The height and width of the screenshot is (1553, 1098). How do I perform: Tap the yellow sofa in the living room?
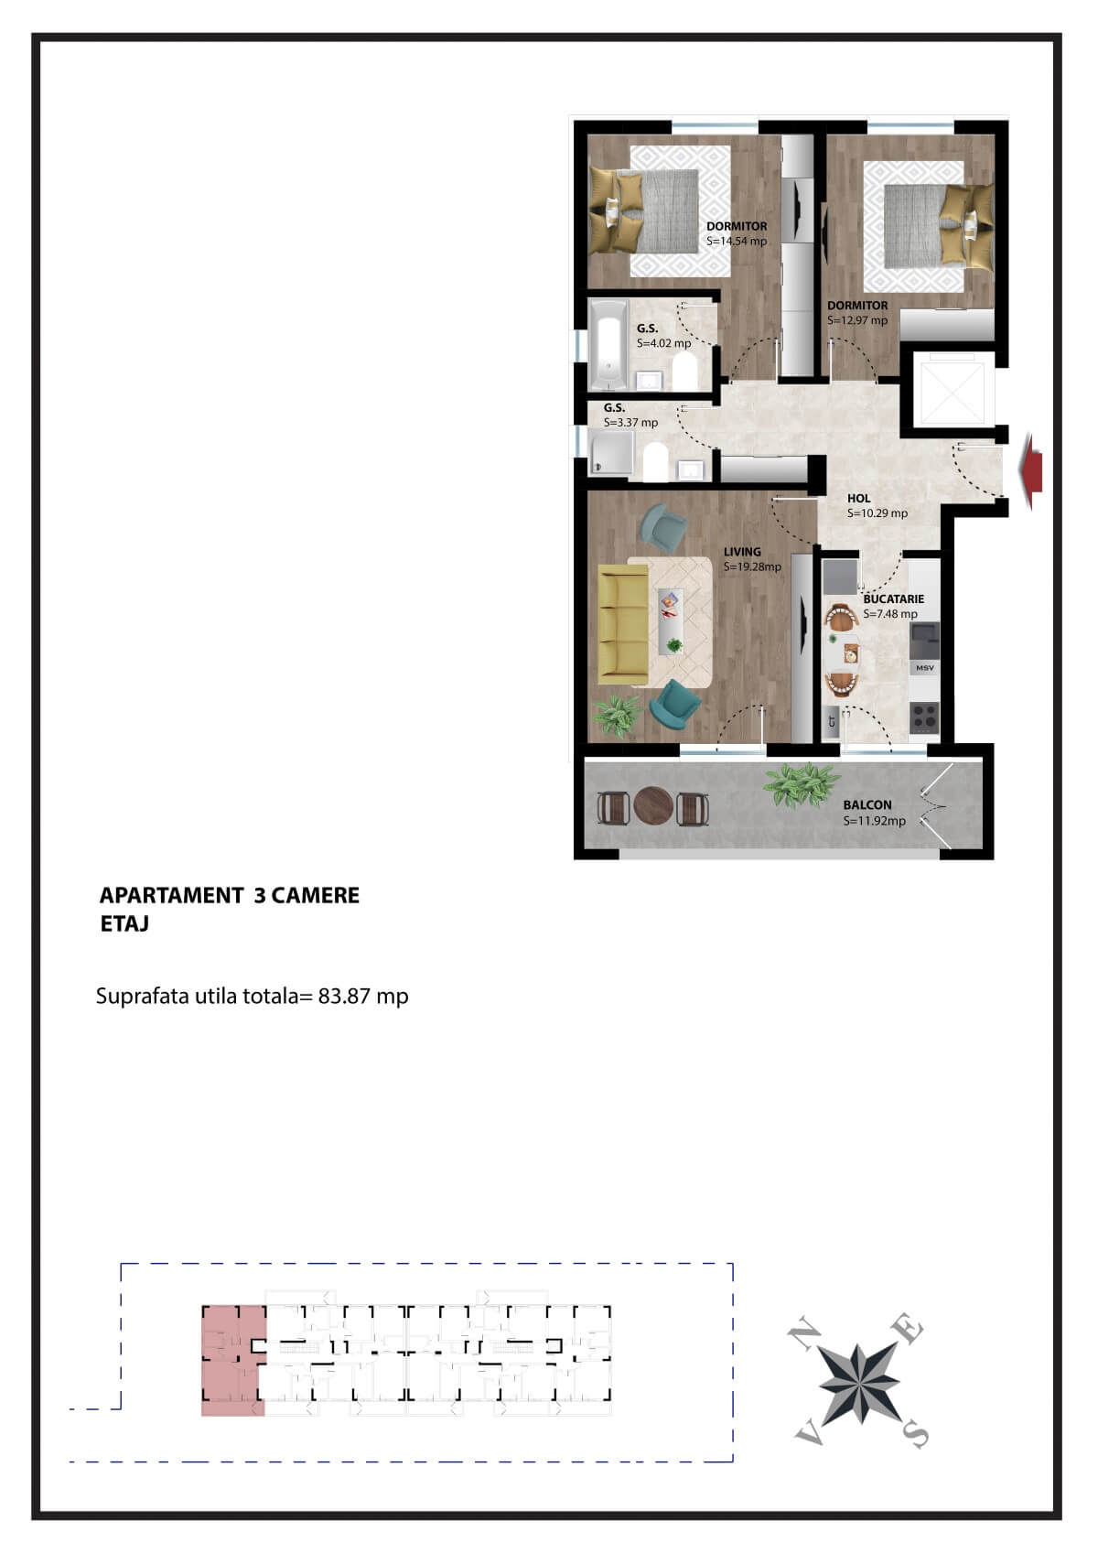pyautogui.click(x=622, y=624)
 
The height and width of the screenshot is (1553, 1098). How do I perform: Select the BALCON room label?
pyautogui.click(x=867, y=805)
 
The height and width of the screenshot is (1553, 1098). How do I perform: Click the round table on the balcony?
pyautogui.click(x=654, y=807)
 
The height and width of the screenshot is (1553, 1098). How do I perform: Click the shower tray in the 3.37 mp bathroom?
pyautogui.click(x=611, y=454)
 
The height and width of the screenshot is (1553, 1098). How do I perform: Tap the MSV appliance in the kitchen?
pyautogui.click(x=924, y=668)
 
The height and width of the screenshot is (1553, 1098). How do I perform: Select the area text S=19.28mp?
pyautogui.click(x=752, y=567)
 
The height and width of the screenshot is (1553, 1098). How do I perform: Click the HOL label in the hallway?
pyautogui.click(x=858, y=499)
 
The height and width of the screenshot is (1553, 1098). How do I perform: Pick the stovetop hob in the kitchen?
pyautogui.click(x=924, y=717)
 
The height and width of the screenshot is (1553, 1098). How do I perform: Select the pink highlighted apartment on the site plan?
pyautogui.click(x=231, y=1362)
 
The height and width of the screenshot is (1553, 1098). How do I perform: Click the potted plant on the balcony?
pyautogui.click(x=802, y=785)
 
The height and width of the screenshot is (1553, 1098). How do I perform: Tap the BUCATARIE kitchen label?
pyautogui.click(x=893, y=599)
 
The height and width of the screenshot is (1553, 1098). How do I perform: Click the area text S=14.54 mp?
pyautogui.click(x=737, y=242)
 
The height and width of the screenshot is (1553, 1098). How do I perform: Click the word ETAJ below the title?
pyautogui.click(x=124, y=924)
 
